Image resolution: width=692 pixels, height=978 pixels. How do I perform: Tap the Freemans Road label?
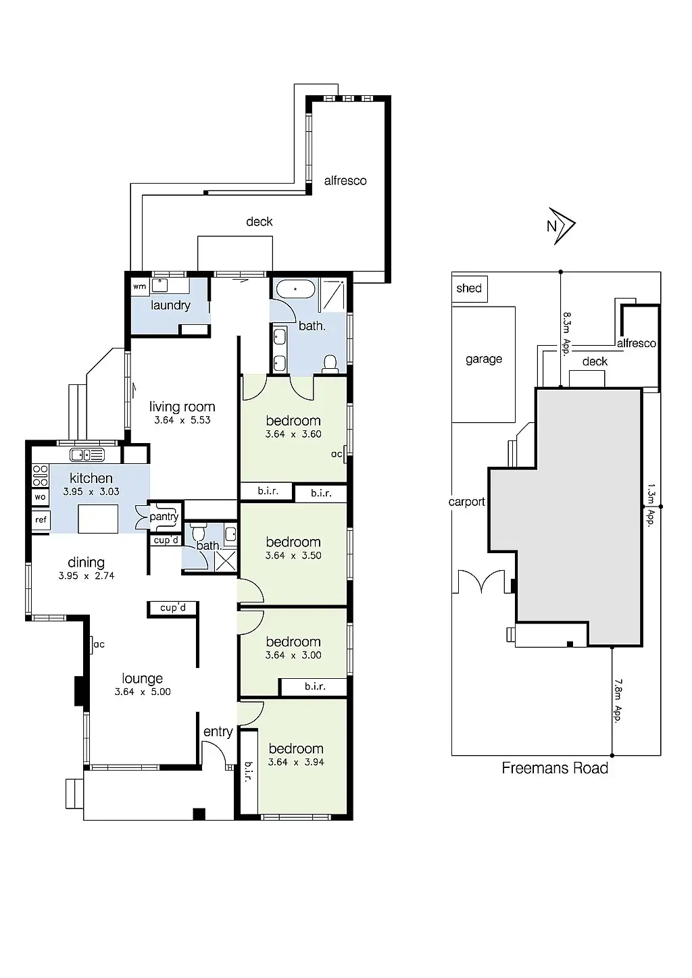click(555, 768)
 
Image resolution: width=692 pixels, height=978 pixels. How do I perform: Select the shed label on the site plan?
click(469, 288)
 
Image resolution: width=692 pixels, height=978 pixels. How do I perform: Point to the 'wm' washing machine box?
click(139, 286)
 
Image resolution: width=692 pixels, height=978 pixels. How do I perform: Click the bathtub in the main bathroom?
click(295, 288)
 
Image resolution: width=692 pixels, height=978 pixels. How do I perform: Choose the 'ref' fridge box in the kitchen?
click(41, 520)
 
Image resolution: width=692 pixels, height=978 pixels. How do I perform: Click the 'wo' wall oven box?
click(40, 497)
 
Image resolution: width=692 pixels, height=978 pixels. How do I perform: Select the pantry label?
click(164, 517)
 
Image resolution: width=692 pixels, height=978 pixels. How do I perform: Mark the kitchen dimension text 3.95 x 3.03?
click(91, 492)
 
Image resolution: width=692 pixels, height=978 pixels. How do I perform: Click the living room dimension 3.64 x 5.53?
click(182, 419)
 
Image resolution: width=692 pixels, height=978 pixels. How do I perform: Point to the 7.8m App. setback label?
click(616, 700)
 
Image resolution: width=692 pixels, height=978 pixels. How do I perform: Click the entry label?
click(218, 731)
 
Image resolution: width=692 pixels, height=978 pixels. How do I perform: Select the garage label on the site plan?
click(484, 359)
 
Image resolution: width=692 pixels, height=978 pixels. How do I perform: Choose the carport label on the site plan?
click(467, 502)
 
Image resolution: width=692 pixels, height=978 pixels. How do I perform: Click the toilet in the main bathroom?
click(330, 364)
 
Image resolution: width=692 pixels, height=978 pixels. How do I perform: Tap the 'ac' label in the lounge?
click(99, 644)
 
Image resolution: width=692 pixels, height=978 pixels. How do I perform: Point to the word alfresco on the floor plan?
click(345, 180)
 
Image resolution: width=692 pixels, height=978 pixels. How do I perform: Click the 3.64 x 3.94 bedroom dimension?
click(296, 762)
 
